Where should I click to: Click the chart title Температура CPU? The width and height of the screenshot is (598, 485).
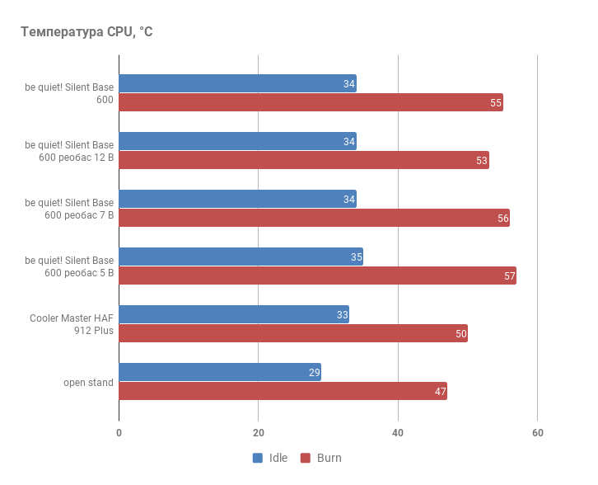tap(86, 32)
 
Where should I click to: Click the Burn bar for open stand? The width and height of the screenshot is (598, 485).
tap(283, 391)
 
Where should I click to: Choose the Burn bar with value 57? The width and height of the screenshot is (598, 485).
tap(317, 275)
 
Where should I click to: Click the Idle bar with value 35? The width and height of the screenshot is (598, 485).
tap(241, 257)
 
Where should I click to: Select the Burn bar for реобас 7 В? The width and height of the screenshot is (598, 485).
tap(314, 218)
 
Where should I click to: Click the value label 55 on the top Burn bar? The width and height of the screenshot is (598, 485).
tap(496, 103)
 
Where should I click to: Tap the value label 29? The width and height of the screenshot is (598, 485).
tap(314, 373)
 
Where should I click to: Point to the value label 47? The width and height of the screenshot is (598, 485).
tap(441, 392)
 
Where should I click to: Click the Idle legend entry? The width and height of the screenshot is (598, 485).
tap(270, 458)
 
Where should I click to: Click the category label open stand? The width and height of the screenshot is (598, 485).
tap(89, 383)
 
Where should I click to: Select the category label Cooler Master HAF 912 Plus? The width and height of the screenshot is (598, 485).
tap(72, 324)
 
